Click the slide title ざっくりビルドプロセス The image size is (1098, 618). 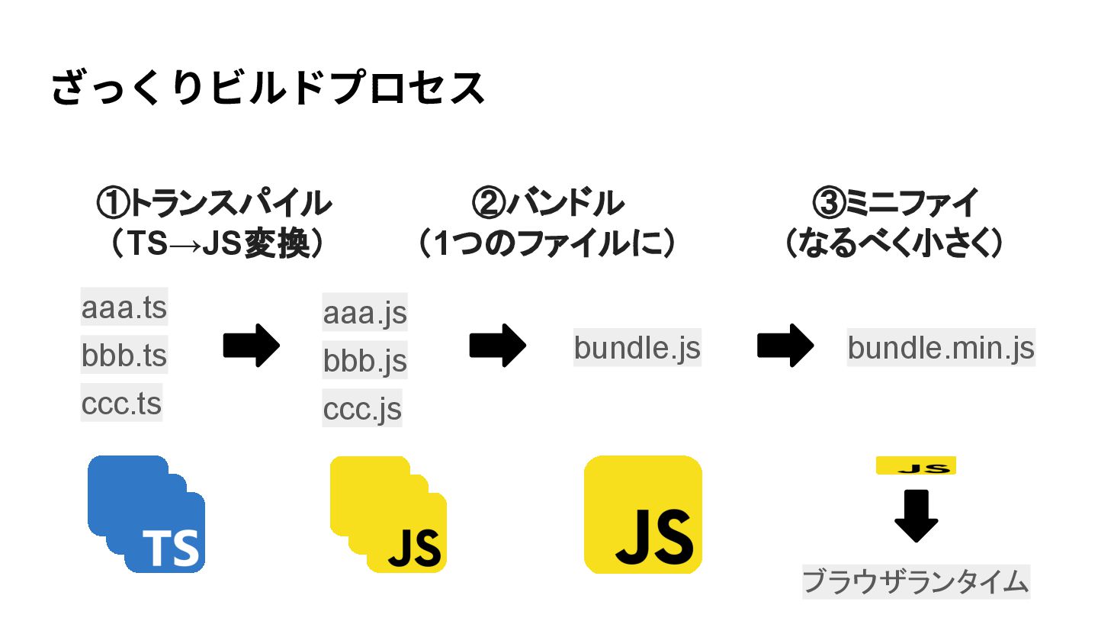tap(268, 88)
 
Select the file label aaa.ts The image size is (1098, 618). tap(124, 308)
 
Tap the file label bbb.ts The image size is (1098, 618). tap(124, 356)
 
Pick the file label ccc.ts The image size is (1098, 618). tap(121, 403)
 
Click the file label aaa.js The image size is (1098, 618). tap(364, 313)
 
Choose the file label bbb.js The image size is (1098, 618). tap(364, 360)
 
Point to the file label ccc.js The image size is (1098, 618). tap(362, 408)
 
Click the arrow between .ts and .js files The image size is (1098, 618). tap(251, 346)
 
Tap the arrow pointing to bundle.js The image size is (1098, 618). tap(497, 346)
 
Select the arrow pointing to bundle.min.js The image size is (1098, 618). tap(785, 346)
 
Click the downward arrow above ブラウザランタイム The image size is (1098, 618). tap(916, 516)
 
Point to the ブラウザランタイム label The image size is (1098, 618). tap(916, 582)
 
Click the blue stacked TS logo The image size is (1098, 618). tap(146, 514)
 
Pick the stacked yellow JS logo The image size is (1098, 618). tap(388, 514)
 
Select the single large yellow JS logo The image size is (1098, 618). tap(643, 514)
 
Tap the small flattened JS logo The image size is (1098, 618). tap(916, 466)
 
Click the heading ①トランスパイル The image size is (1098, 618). tap(213, 204)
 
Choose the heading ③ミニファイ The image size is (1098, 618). tap(895, 204)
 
